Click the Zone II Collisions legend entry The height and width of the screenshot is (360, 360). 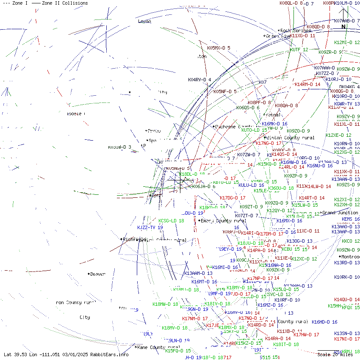click(60, 3)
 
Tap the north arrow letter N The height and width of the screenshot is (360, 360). click(343, 27)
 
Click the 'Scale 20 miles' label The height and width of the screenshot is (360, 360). click(335, 354)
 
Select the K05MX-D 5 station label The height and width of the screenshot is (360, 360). click(219, 48)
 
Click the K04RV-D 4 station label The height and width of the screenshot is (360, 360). click(199, 80)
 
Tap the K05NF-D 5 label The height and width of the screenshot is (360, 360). click(225, 91)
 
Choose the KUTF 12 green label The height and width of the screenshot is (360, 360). click(299, 50)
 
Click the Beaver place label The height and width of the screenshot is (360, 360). click(97, 274)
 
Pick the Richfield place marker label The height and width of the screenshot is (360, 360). click(134, 239)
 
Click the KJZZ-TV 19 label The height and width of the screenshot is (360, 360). click(150, 227)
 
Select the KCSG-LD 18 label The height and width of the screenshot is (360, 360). click(171, 221)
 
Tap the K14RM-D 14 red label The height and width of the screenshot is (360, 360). click(307, 84)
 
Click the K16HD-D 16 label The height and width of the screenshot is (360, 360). click(324, 322)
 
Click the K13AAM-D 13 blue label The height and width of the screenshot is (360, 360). click(199, 273)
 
